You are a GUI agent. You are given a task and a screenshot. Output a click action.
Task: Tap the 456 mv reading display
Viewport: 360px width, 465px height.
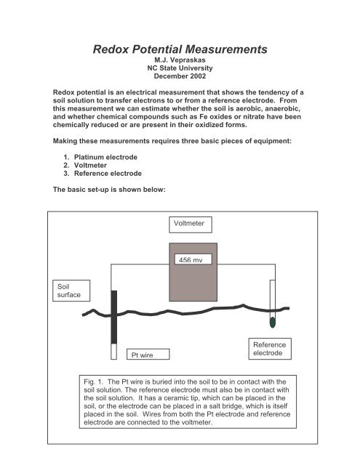[x=191, y=259]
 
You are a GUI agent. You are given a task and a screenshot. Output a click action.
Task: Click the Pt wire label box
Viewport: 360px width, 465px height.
[x=144, y=355]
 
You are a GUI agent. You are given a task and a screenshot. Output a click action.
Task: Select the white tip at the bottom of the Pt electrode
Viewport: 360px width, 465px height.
[x=113, y=352]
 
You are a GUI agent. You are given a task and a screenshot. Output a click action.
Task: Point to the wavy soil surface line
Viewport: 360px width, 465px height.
[x=182, y=313]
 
